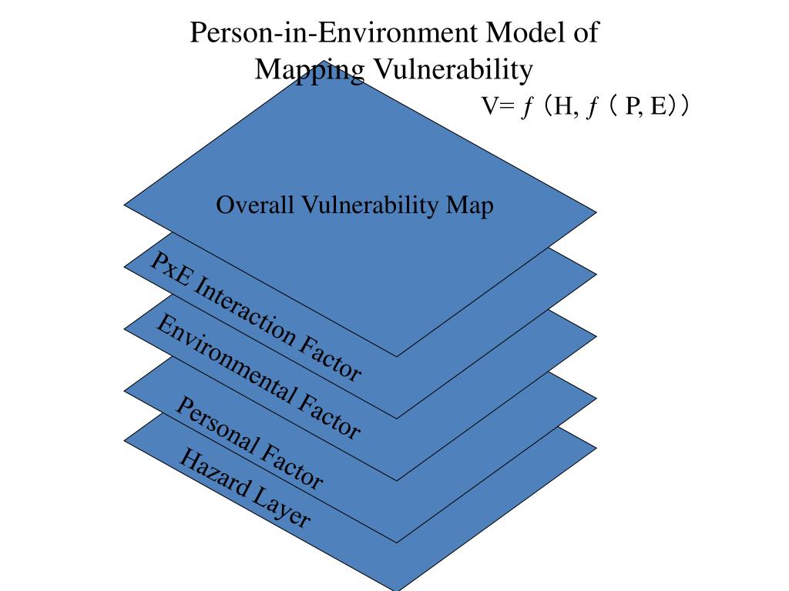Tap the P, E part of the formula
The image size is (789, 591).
(x=646, y=106)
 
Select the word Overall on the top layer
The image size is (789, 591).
(x=252, y=205)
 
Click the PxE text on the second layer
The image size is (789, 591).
(x=166, y=269)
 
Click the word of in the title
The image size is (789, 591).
(x=586, y=34)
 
